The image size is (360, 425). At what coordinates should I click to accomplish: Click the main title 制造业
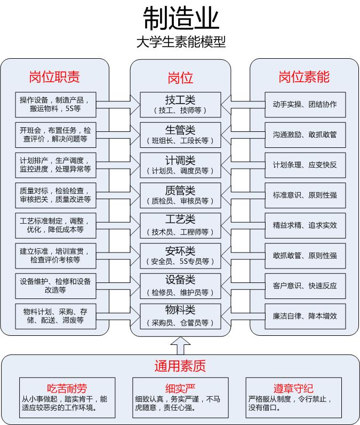click(181, 19)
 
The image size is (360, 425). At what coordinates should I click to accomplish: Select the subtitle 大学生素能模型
click(181, 42)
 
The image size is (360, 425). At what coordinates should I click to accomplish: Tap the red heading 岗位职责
click(54, 77)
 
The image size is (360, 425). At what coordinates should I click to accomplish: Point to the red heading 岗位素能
click(304, 77)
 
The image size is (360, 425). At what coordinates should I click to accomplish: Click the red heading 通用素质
click(180, 366)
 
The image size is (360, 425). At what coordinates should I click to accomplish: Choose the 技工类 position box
click(180, 105)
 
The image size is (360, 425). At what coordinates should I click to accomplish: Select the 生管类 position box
click(180, 135)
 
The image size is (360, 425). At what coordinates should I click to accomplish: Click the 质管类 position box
click(180, 195)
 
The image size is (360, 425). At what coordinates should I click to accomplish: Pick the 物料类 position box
click(180, 316)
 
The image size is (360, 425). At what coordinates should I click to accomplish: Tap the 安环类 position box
click(180, 256)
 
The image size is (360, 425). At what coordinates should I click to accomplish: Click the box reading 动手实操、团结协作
click(305, 105)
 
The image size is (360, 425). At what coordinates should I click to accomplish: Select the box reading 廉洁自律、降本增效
click(305, 316)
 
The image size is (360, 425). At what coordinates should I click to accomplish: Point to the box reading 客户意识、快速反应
click(305, 286)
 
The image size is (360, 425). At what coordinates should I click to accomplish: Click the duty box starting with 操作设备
click(55, 105)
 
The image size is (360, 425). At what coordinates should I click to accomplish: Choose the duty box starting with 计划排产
click(55, 165)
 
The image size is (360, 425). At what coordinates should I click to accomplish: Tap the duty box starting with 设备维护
click(55, 286)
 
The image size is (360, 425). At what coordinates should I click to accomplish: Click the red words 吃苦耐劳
click(67, 388)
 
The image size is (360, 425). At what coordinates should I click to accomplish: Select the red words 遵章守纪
click(293, 388)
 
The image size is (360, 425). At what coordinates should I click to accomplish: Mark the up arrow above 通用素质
click(180, 345)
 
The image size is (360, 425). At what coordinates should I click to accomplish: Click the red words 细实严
click(180, 388)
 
